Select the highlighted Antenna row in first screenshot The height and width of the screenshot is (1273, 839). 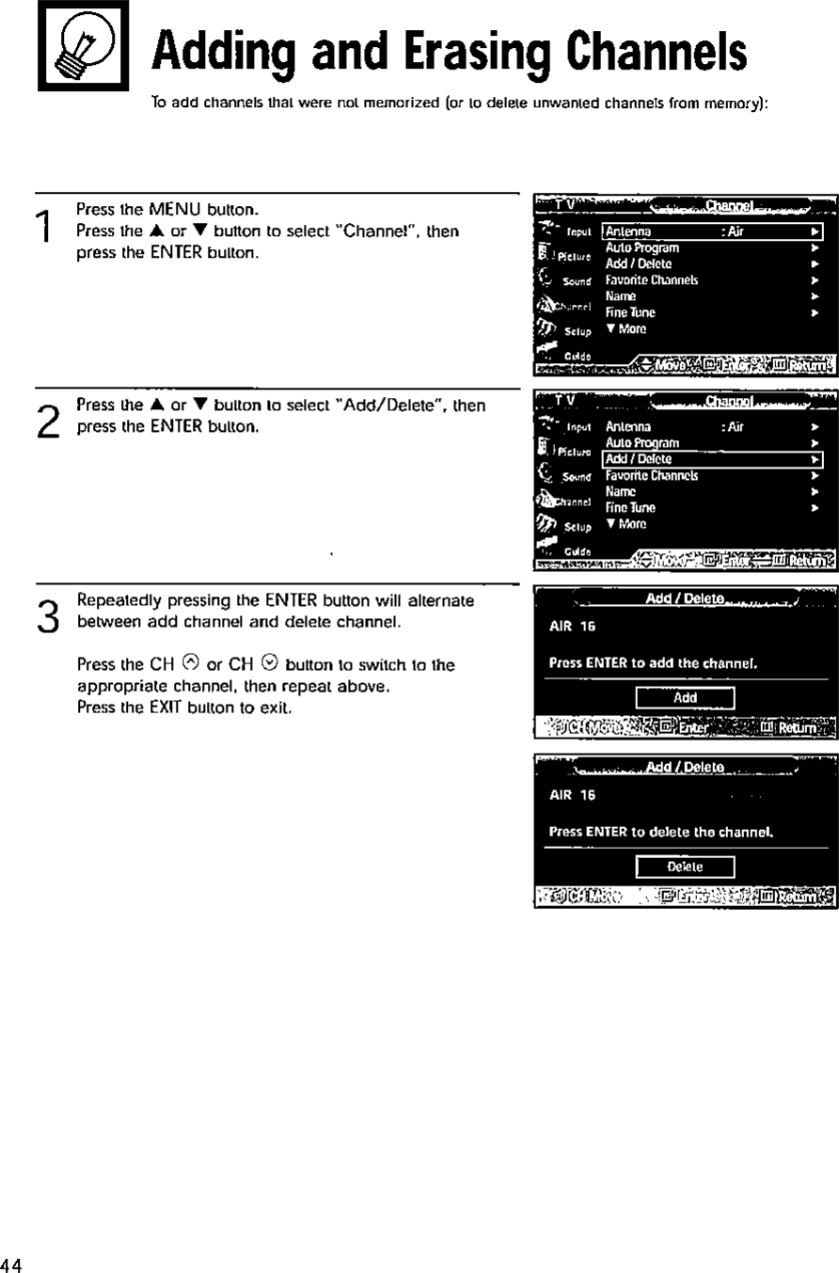coord(712,232)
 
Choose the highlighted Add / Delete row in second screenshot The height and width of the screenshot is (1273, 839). coord(712,459)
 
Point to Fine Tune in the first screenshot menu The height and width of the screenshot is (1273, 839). coord(630,312)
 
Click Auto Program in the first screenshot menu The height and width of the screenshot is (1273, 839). coord(641,248)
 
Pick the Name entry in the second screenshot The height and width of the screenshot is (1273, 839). coord(621,491)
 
